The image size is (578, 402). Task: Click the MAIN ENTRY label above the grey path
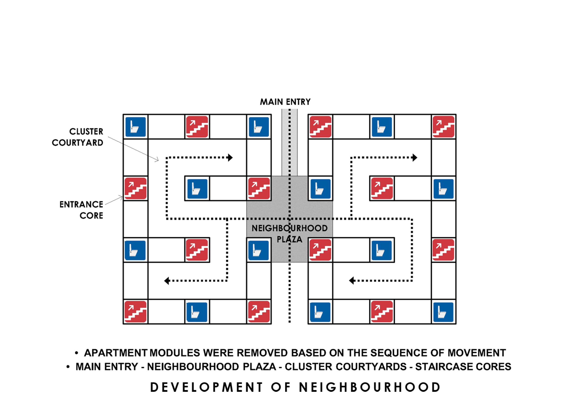pyautogui.click(x=285, y=102)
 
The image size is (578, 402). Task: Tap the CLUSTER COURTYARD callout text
pyautogui.click(x=77, y=137)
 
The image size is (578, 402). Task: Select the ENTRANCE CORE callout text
pyautogui.click(x=81, y=210)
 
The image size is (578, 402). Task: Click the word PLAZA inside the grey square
pyautogui.click(x=289, y=239)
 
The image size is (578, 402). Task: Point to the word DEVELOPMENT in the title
pyautogui.click(x=206, y=387)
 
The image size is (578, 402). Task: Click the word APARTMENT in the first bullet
pyautogui.click(x=116, y=353)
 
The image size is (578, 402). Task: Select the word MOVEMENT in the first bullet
pyautogui.click(x=477, y=353)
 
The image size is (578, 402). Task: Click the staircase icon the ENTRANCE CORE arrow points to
pyautogui.click(x=135, y=189)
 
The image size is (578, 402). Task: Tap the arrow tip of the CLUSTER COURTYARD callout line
pyautogui.click(x=158, y=161)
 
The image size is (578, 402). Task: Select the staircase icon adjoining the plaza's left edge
pyautogui.click(x=259, y=189)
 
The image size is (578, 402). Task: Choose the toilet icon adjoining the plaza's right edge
pyautogui.click(x=320, y=189)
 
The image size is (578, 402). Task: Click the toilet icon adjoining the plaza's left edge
pyautogui.click(x=258, y=250)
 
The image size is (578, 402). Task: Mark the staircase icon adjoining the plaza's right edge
pyautogui.click(x=320, y=250)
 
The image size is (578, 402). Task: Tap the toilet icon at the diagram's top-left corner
pyautogui.click(x=135, y=127)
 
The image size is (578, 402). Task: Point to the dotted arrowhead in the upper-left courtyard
pyautogui.click(x=230, y=158)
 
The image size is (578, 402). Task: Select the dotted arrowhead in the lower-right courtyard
pyautogui.click(x=352, y=281)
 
